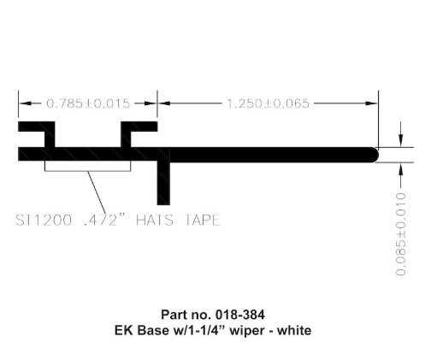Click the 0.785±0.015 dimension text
(x=88, y=103)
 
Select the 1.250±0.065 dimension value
(x=267, y=103)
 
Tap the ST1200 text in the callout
(x=46, y=220)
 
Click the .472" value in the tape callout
(x=111, y=220)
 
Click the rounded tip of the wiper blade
(x=374, y=154)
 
